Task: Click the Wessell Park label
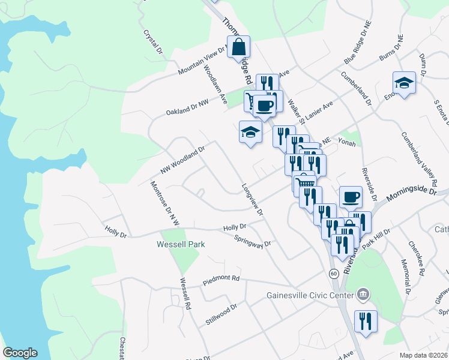tap(181, 244)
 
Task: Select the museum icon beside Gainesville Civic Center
tap(363, 295)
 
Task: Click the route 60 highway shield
tap(334, 273)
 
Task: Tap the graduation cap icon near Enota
tap(404, 83)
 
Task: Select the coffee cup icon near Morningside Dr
tap(351, 196)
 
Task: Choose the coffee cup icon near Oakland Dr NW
tap(264, 106)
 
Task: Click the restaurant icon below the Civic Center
tap(365, 321)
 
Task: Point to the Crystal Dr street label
tap(154, 43)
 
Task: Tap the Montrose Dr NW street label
tap(165, 203)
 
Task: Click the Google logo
tap(20, 353)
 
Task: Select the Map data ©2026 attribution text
tap(423, 355)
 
